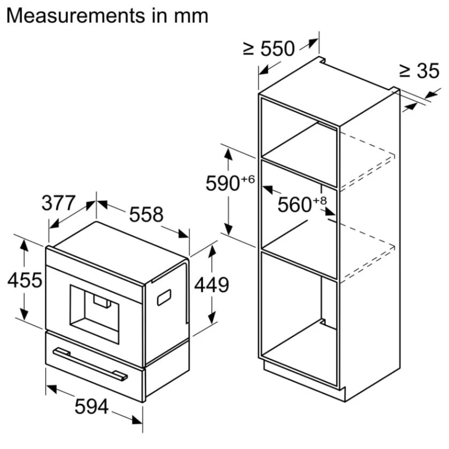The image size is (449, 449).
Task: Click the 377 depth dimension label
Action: (58, 202)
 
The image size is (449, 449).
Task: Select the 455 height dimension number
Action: (25, 280)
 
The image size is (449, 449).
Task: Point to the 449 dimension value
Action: (211, 285)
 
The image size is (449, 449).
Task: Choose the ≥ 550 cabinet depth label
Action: (269, 49)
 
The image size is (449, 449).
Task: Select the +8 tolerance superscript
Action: (319, 200)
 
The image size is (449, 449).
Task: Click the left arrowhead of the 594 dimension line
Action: (49, 388)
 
